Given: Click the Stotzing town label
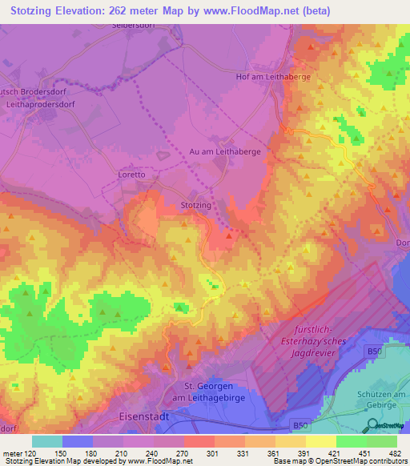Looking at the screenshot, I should click(196, 205).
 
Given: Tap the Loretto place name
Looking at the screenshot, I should click(131, 174).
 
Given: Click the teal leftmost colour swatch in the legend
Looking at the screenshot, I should click(47, 441).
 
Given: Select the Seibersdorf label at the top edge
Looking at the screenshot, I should click(132, 26).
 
